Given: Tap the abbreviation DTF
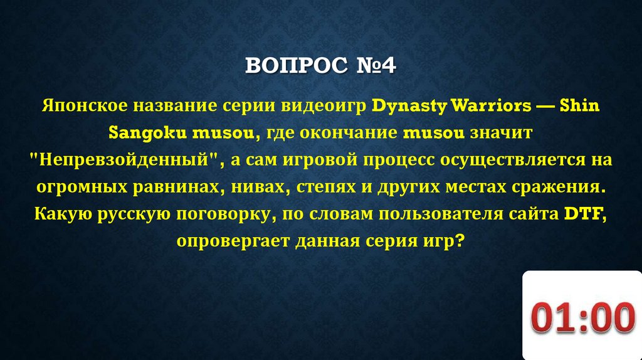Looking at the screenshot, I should [x=582, y=214].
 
